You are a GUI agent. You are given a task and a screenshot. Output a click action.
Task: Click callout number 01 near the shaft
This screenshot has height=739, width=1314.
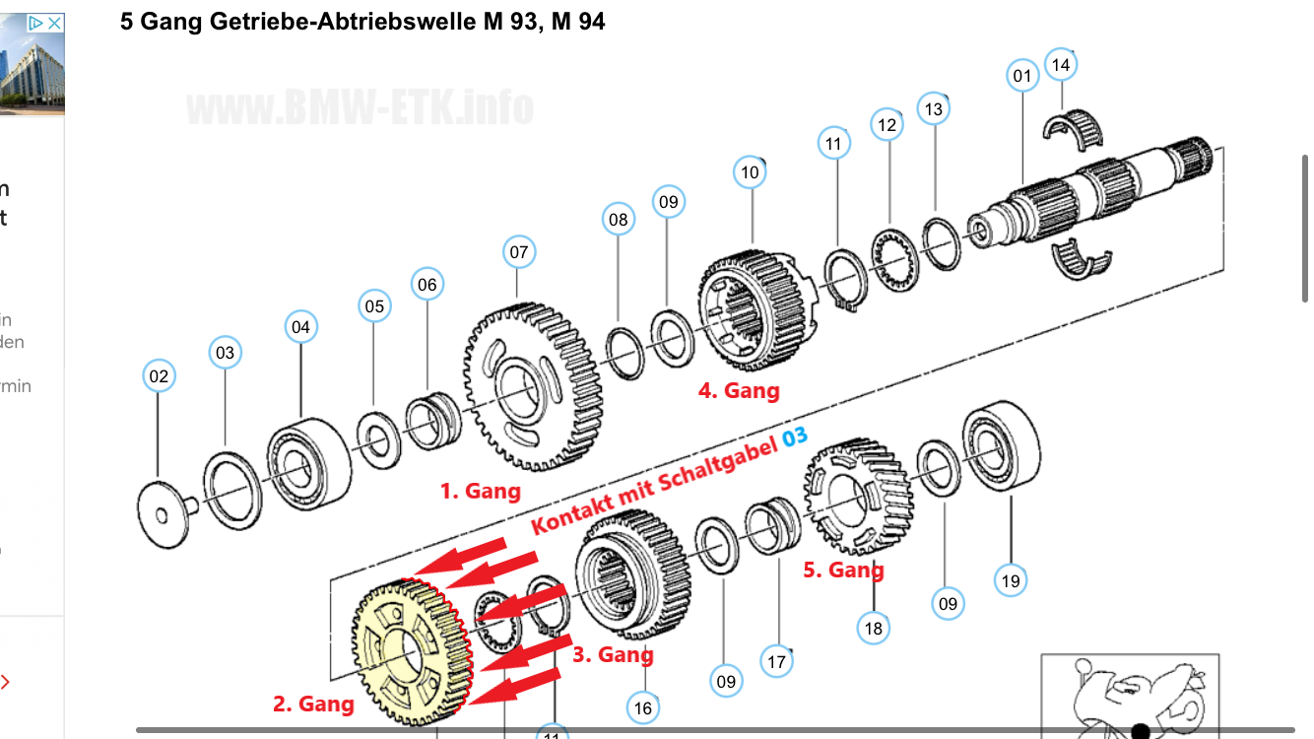coord(1021,76)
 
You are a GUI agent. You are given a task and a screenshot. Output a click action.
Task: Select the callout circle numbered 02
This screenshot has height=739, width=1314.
coord(159,375)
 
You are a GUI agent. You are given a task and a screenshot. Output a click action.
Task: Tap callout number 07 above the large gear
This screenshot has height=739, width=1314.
coord(519,252)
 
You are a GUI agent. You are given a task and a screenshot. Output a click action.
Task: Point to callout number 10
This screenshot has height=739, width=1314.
coord(750,172)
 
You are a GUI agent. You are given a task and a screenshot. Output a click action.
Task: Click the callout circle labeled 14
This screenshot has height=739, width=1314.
coord(1060,65)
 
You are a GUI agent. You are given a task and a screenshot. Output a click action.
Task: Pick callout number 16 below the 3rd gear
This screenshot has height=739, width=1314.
coord(643,706)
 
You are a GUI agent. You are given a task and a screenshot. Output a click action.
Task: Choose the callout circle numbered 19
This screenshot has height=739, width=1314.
coord(1011,580)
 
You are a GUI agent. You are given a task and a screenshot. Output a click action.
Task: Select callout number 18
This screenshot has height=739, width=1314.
coord(873,627)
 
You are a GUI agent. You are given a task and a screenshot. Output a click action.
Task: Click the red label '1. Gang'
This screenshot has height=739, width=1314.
coord(480,490)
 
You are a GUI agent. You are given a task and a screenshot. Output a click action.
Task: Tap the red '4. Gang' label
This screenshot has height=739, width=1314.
coord(739,390)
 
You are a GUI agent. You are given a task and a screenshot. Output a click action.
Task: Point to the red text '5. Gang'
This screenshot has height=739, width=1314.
coord(843,570)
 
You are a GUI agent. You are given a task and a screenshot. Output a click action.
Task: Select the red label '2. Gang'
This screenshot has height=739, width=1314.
coord(313,704)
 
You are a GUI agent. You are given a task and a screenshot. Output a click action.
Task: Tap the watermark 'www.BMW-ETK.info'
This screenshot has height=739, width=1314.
coord(360,106)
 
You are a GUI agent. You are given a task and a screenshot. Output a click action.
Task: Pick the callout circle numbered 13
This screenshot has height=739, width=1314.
coord(934,108)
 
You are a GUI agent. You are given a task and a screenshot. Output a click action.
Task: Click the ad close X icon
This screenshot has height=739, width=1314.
coord(55,22)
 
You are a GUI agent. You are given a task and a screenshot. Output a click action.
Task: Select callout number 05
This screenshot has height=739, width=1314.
coord(374,306)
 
